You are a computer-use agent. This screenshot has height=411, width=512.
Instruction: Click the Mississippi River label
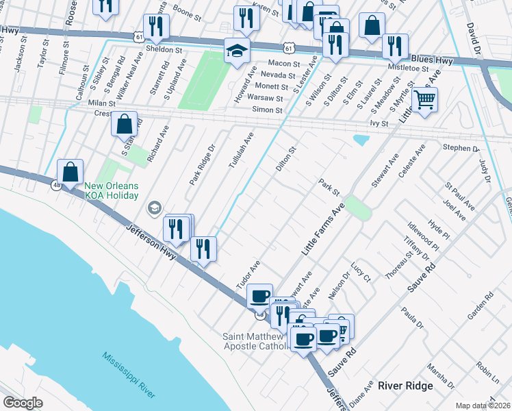129,375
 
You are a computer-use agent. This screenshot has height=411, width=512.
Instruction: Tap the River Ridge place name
405,386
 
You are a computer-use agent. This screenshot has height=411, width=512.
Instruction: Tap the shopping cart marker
424,100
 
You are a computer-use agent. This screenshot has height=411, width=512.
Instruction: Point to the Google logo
23,403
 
